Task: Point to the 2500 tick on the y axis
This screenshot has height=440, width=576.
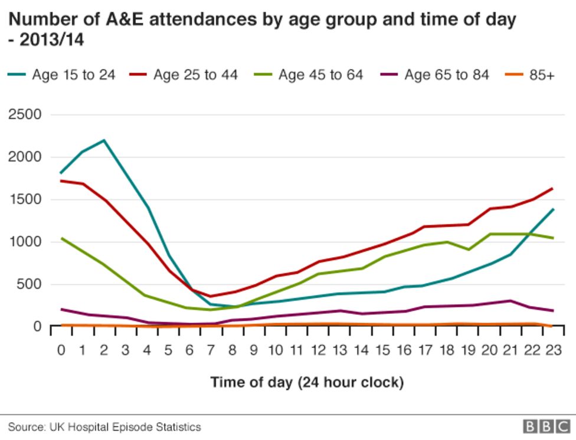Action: (x=25, y=114)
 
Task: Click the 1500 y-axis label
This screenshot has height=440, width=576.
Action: (x=25, y=199)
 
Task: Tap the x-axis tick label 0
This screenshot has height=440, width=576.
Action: (x=61, y=350)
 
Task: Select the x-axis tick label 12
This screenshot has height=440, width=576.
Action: (x=319, y=350)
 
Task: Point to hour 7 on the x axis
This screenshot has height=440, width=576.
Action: (x=211, y=350)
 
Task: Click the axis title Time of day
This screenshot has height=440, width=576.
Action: (x=307, y=382)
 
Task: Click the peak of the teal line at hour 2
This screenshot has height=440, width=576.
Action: (x=104, y=140)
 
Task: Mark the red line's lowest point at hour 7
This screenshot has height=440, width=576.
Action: (x=211, y=296)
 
